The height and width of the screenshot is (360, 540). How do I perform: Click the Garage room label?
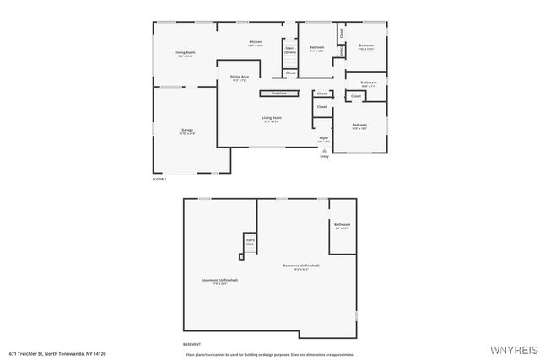pyautogui.click(x=187, y=131)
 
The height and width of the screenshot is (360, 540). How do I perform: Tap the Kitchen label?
pyautogui.click(x=255, y=43)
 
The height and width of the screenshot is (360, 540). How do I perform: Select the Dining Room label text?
pyautogui.click(x=185, y=54)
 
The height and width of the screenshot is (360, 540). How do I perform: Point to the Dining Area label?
pyautogui.click(x=240, y=78)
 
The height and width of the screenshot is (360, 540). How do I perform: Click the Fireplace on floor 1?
pyautogui.click(x=278, y=93)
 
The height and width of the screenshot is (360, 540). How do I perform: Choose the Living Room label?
pyautogui.click(x=272, y=119)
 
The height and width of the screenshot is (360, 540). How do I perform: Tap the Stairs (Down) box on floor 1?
pyautogui.click(x=290, y=50)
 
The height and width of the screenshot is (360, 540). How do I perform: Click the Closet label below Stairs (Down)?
pyautogui.click(x=290, y=73)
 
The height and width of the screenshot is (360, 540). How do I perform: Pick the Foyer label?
pyautogui.click(x=323, y=137)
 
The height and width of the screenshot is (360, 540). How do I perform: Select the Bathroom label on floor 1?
pyautogui.click(x=368, y=83)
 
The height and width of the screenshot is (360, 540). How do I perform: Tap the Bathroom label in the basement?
pyautogui.click(x=342, y=226)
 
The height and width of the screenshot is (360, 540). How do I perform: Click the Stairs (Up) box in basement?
pyautogui.click(x=250, y=243)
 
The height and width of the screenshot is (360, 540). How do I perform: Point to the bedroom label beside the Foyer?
pyautogui.click(x=359, y=127)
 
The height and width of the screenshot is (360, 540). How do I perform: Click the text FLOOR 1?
pyautogui.click(x=159, y=180)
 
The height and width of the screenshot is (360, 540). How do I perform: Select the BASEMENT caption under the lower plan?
pyautogui.click(x=192, y=344)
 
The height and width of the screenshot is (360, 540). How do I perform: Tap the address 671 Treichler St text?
pyautogui.click(x=58, y=352)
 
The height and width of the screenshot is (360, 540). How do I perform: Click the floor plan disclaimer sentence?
pyautogui.click(x=276, y=353)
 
